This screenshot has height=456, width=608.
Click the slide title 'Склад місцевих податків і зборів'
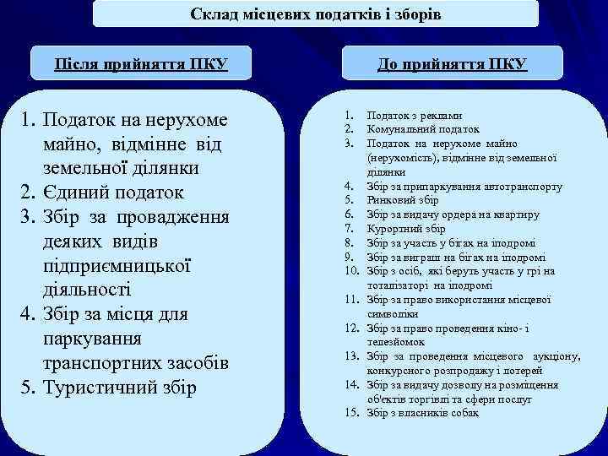point(315,14)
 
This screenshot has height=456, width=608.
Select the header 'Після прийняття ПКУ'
point(141,65)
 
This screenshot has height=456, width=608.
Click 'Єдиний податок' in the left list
point(123,192)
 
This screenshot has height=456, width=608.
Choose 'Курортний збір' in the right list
point(406,229)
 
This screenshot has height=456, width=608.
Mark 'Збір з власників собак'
point(422,413)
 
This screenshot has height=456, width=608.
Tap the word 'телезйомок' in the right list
point(394,342)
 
